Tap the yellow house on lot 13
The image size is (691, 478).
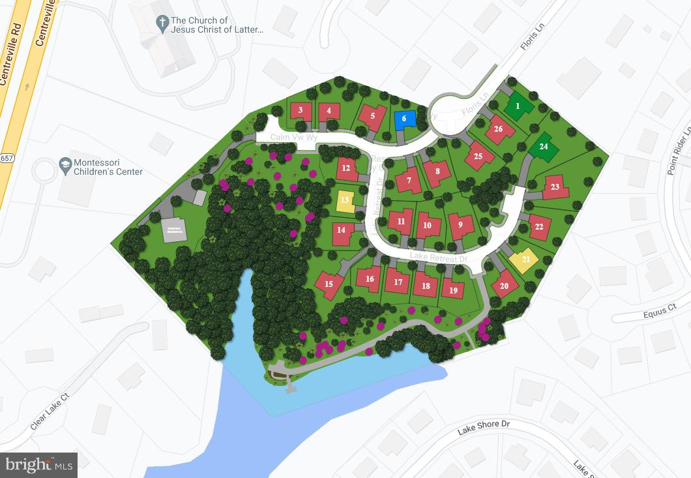(x=345, y=200)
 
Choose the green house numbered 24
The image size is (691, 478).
(x=543, y=147)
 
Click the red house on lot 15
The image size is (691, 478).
(x=329, y=284)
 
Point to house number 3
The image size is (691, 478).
(x=301, y=110)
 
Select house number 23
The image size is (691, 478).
(x=555, y=187)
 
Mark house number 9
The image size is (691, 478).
(x=461, y=225)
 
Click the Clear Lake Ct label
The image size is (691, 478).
(x=50, y=411)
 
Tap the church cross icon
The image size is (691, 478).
(x=162, y=24)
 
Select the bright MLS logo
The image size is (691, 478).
(x=39, y=465)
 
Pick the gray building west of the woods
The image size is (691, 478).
(x=173, y=230)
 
